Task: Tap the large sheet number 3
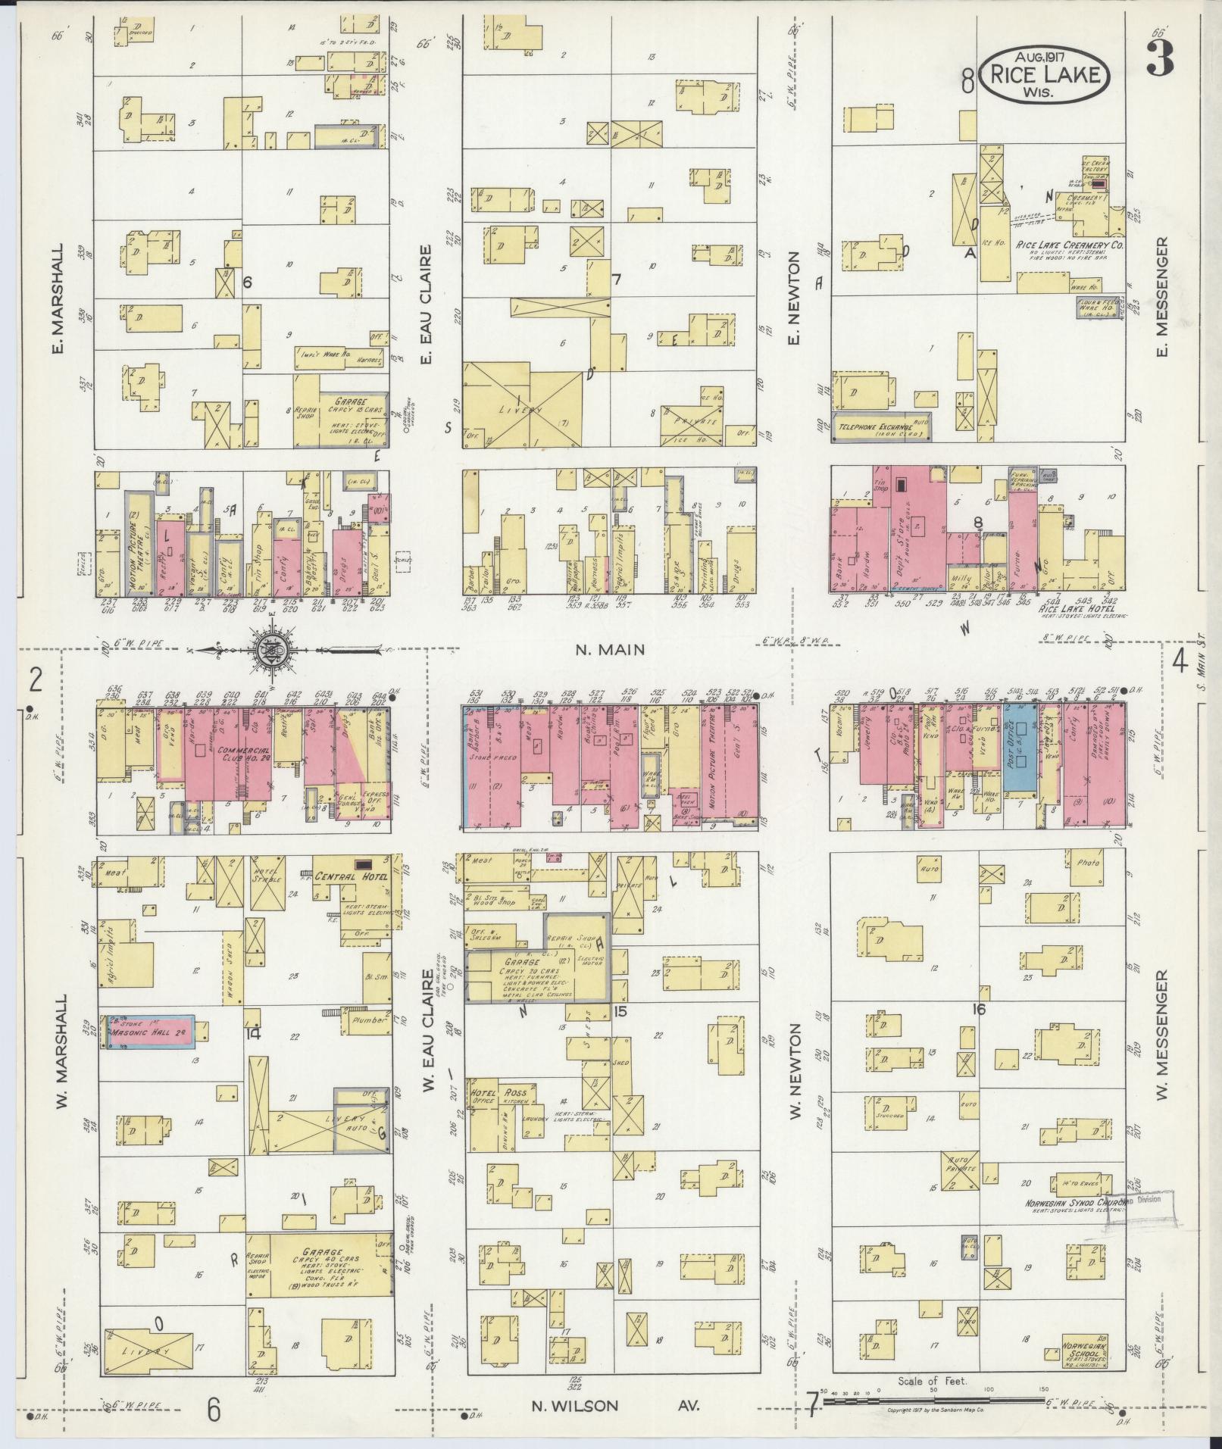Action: (1160, 57)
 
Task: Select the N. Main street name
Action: (610, 649)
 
